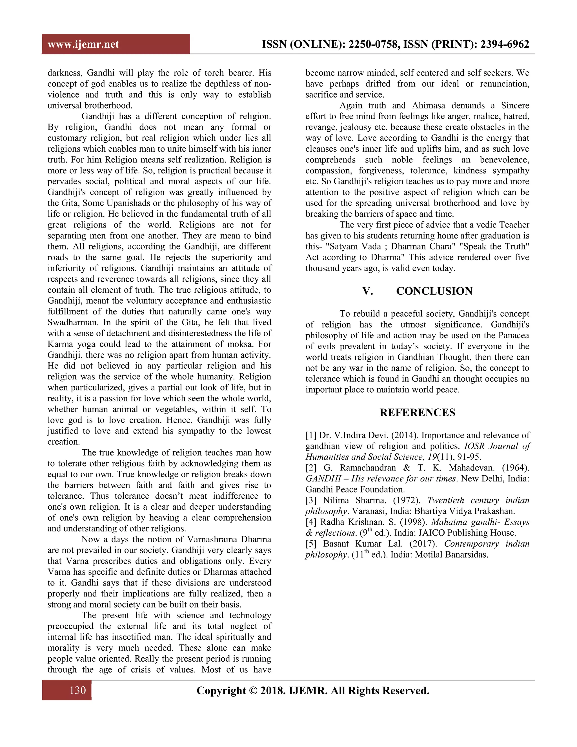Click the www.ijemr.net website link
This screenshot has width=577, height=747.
pos(83,45)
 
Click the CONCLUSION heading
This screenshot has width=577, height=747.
pos(434,291)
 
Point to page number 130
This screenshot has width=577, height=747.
pos(77,690)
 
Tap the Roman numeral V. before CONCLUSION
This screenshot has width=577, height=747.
pos(367,291)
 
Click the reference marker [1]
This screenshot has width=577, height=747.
pos(311,436)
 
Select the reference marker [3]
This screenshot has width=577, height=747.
pos(311,500)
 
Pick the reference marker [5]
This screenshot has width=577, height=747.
pos(311,544)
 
